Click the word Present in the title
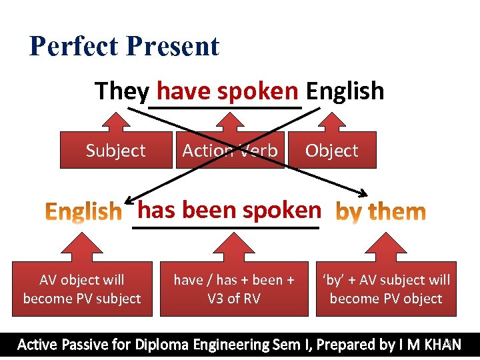pyautogui.click(x=171, y=47)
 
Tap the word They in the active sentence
pyautogui.click(x=122, y=91)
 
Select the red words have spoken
pyautogui.click(x=227, y=91)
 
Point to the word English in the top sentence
pyautogui.click(x=345, y=91)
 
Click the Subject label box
pyautogui.click(x=115, y=151)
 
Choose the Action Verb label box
pyautogui.click(x=230, y=151)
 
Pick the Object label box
pyautogui.click(x=331, y=151)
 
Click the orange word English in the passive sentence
pyautogui.click(x=84, y=212)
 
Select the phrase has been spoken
pyautogui.click(x=229, y=210)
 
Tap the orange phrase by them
pyautogui.click(x=381, y=212)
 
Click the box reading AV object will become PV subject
pyautogui.click(x=82, y=289)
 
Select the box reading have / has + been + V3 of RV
pyautogui.click(x=234, y=289)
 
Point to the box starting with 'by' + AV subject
pyautogui.click(x=386, y=289)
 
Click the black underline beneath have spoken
pyautogui.click(x=225, y=107)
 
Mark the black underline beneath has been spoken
pyautogui.click(x=227, y=227)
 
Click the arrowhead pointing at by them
pyautogui.click(x=363, y=194)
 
